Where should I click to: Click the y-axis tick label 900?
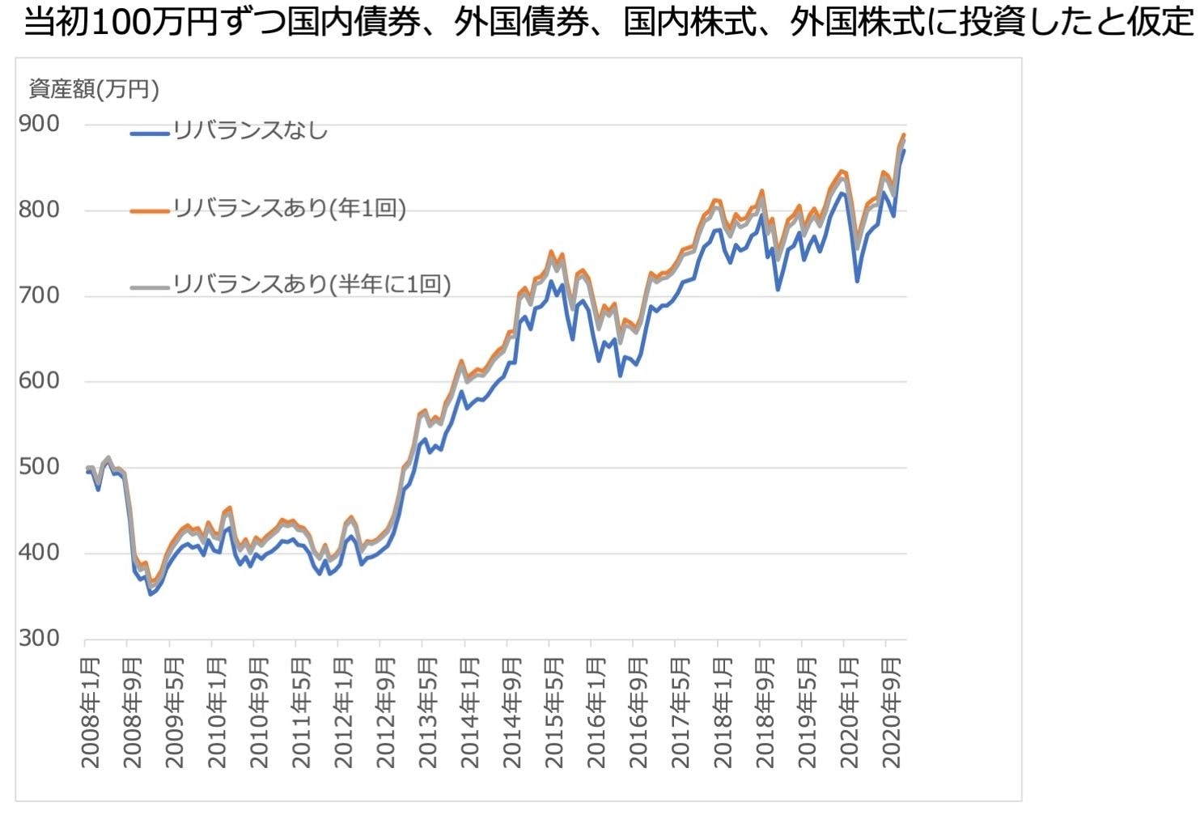click(39, 124)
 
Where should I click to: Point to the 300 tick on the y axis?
click(39, 639)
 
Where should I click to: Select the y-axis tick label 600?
click(39, 381)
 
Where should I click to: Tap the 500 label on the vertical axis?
click(39, 467)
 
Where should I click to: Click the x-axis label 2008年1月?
click(91, 712)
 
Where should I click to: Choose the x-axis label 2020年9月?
click(891, 712)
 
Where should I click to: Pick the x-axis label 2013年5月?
click(427, 712)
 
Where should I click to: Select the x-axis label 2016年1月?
click(596, 712)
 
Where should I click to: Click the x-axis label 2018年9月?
click(765, 712)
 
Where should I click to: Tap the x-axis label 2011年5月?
click(301, 712)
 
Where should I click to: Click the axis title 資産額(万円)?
click(94, 89)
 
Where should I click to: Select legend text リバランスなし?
click(251, 130)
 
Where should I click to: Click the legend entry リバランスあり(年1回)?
click(290, 208)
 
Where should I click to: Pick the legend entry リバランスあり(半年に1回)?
click(312, 284)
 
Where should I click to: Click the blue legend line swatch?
click(150, 132)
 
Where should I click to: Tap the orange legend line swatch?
click(150, 210)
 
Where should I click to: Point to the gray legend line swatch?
click(150, 286)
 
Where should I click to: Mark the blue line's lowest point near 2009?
click(150, 594)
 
